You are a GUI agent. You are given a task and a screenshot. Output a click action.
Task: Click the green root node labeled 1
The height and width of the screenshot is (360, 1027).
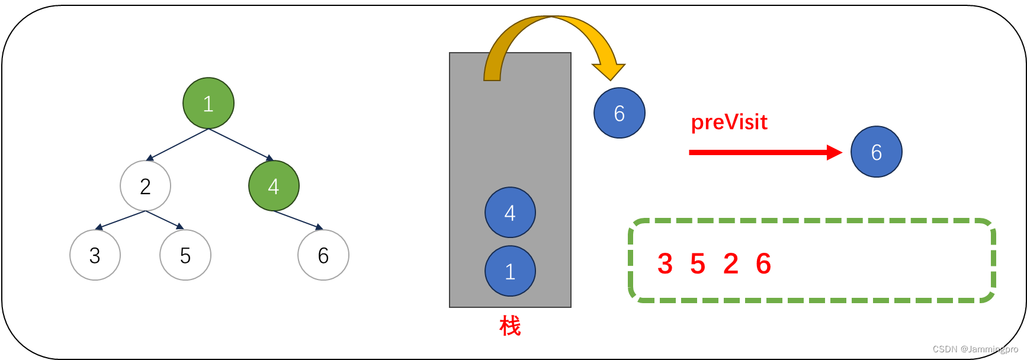tap(208, 103)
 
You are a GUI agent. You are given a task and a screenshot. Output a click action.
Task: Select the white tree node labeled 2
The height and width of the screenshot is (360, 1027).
tap(145, 186)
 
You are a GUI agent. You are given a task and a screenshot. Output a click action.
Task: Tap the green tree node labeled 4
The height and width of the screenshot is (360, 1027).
tap(274, 186)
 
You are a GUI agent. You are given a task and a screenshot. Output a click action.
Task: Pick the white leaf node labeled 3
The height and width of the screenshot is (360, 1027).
tap(95, 255)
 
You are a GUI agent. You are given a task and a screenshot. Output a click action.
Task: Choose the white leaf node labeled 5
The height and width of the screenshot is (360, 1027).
tap(185, 255)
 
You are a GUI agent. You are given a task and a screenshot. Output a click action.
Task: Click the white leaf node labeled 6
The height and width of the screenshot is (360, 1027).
tap(323, 255)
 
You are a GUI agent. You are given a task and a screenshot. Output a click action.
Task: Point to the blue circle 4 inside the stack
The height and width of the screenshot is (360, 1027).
tap(510, 213)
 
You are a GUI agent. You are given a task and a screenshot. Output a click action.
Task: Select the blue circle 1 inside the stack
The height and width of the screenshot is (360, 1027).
tap(510, 271)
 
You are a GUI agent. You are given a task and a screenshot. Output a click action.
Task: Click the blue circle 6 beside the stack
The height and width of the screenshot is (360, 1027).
tap(620, 113)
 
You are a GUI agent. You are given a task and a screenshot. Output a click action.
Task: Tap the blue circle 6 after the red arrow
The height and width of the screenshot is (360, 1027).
tap(877, 152)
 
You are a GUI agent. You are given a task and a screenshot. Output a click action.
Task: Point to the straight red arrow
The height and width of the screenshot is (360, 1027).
tap(764, 153)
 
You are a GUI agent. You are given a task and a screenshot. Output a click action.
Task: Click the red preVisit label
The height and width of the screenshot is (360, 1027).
tap(729, 123)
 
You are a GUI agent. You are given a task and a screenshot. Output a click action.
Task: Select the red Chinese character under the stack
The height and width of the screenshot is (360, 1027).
tap(510, 326)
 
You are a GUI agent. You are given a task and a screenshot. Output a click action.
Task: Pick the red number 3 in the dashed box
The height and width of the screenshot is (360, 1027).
tap(665, 263)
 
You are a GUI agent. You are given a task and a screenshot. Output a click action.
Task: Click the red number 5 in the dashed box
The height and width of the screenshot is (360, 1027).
tap(698, 263)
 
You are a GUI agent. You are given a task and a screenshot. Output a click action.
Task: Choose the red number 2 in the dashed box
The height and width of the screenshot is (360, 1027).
tap(731, 263)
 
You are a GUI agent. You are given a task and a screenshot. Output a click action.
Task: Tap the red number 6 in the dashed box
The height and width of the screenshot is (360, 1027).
tap(763, 263)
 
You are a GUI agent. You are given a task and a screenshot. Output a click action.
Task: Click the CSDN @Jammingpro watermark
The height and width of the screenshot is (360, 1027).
tap(975, 349)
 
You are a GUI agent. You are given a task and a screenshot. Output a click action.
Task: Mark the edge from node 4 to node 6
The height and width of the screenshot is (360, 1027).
tap(298, 220)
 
